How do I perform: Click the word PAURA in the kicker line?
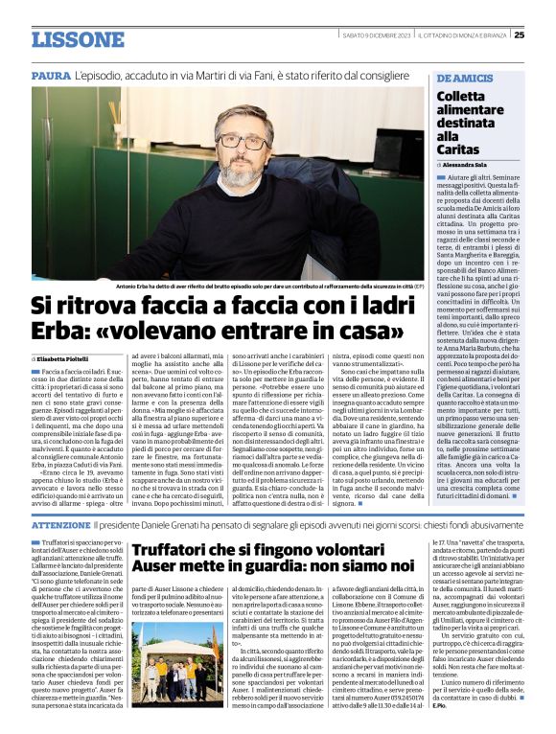pyautogui.click(x=51, y=75)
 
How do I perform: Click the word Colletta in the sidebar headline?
pyautogui.click(x=466, y=96)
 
